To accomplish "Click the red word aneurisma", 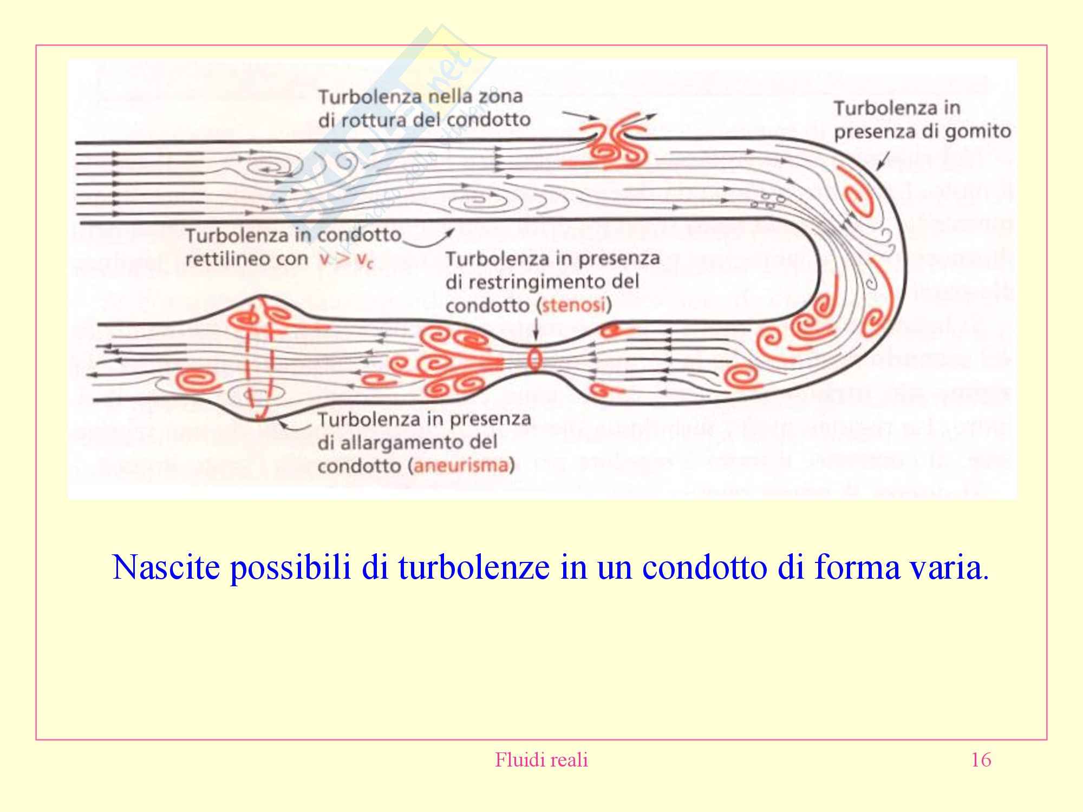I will [462, 467].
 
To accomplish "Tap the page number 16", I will [981, 760].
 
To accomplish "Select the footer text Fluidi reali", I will [541, 760].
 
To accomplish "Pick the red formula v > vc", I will [346, 260].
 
